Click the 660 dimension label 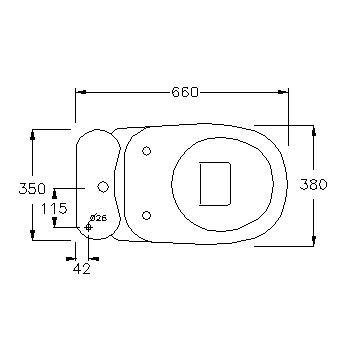pyautogui.click(x=185, y=92)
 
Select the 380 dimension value pyautogui.click(x=313, y=184)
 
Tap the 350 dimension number pyautogui.click(x=32, y=189)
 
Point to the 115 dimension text pyautogui.click(x=54, y=209)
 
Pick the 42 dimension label pyautogui.click(x=82, y=269)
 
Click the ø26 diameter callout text pyautogui.click(x=99, y=218)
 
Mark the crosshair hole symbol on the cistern pyautogui.click(x=88, y=227)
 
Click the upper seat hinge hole pyautogui.click(x=146, y=151)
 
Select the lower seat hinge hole pyautogui.click(x=146, y=215)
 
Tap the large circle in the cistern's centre pyautogui.click(x=103, y=186)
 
